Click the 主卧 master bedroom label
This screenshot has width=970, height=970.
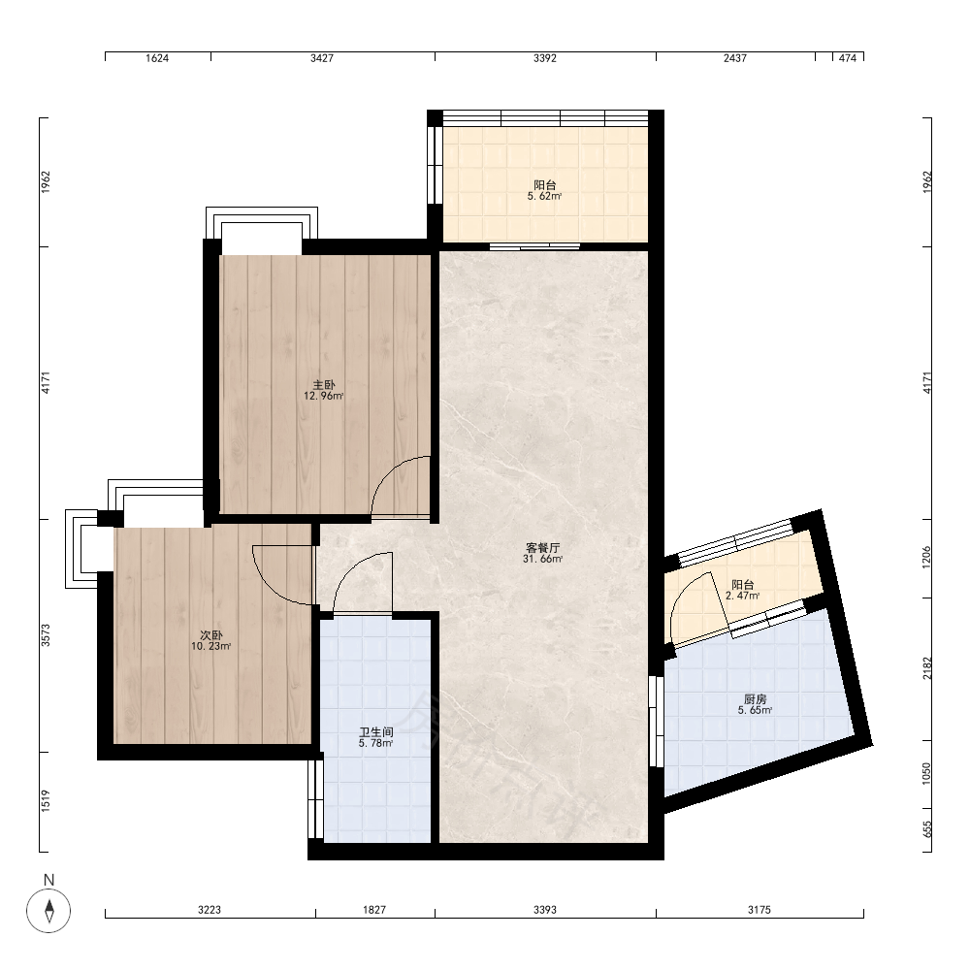[x=324, y=385]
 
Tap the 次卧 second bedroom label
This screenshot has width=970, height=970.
[x=210, y=635]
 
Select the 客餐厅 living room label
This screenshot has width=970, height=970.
[x=542, y=547]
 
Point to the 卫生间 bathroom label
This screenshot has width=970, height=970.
[x=376, y=731]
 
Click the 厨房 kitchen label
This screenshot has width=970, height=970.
[x=755, y=699]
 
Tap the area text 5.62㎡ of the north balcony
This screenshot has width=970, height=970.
[x=544, y=196]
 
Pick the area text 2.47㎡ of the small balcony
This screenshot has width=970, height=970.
[x=742, y=596]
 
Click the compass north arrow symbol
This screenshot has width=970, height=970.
[x=48, y=910]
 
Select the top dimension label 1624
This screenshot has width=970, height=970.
[x=157, y=58]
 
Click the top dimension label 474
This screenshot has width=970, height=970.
[x=848, y=58]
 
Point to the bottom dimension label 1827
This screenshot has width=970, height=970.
[x=374, y=910]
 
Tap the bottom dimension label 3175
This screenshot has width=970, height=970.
[x=760, y=910]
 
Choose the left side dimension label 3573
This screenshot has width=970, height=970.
[x=46, y=635]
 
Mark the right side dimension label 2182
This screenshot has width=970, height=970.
[x=926, y=668]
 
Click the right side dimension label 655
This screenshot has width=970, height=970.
[x=926, y=829]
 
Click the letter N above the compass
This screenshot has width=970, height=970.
[x=48, y=879]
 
